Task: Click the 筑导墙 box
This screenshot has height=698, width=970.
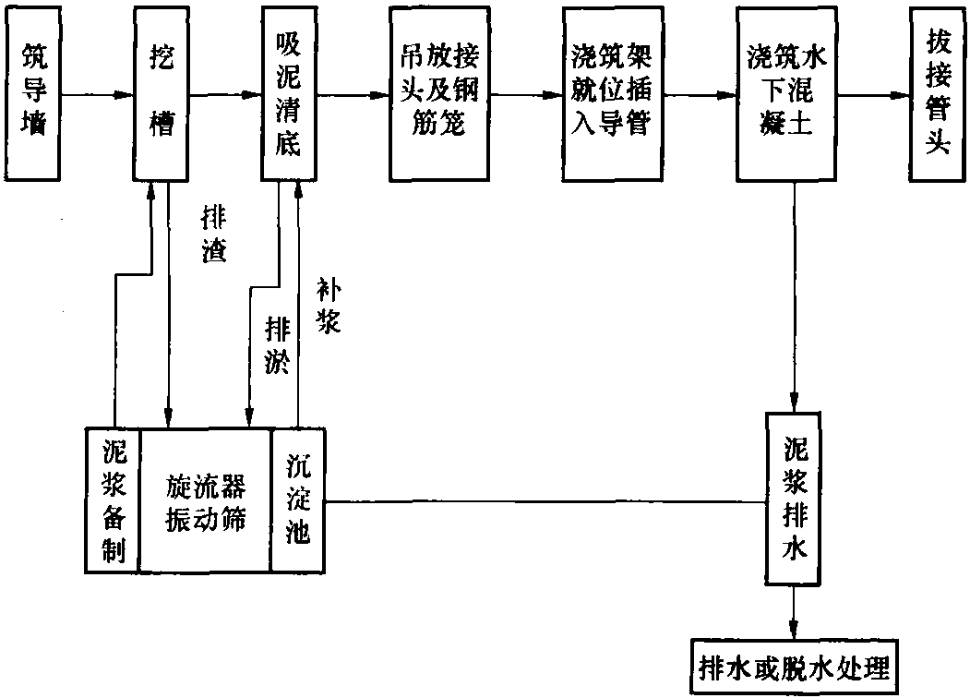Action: (x=33, y=94)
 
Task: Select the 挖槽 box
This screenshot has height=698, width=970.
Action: (x=161, y=94)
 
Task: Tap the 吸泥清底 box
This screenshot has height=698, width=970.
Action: (x=289, y=94)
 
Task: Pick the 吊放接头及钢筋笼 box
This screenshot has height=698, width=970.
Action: (x=440, y=94)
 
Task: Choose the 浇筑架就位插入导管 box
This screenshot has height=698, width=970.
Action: (x=613, y=94)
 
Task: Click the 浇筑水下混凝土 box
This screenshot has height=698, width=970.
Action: (x=786, y=94)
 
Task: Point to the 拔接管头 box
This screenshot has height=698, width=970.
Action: (x=937, y=94)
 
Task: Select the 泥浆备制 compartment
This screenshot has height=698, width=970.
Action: (x=113, y=500)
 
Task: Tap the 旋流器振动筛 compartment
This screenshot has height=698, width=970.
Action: (x=206, y=500)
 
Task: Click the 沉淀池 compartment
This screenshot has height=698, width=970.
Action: (x=298, y=500)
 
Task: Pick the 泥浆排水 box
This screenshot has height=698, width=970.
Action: (x=794, y=499)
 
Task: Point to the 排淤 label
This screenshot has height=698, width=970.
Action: (x=278, y=344)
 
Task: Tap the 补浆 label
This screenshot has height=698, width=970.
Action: (x=329, y=305)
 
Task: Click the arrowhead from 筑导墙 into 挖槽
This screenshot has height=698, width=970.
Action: (x=125, y=95)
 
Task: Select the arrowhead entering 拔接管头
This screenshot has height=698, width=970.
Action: (x=901, y=95)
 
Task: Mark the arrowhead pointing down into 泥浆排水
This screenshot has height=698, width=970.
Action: (x=795, y=403)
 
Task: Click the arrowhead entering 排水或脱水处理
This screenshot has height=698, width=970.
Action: (x=794, y=630)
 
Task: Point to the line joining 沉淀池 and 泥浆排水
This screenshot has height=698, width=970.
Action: (x=545, y=502)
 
